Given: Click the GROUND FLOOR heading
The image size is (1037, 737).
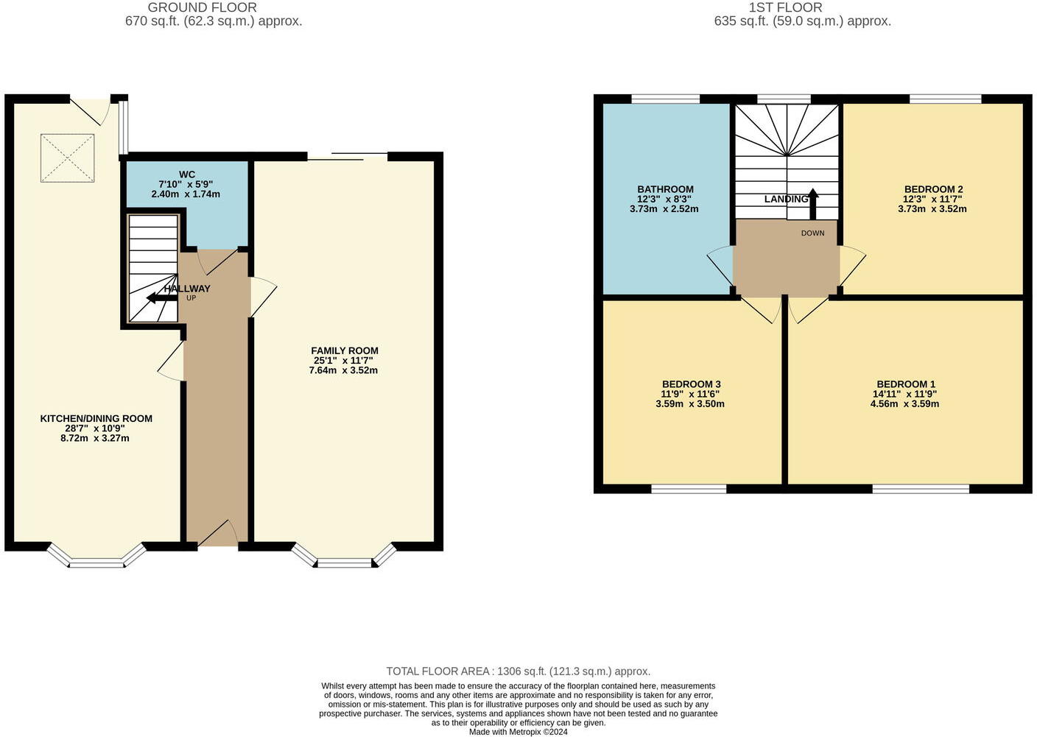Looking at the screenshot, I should tap(202, 7).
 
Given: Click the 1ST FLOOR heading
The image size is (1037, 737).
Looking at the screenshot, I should tap(785, 7).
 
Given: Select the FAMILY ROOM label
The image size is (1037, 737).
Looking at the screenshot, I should tap(344, 351).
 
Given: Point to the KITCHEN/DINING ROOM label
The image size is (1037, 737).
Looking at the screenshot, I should tap(96, 418).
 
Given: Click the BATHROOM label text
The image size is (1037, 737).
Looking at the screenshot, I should tap(665, 189).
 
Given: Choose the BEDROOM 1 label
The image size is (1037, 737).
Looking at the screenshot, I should tap(905, 384).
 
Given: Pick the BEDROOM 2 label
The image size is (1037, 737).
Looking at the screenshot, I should tap(932, 189).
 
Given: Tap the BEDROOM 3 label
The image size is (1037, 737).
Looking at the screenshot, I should tap(690, 384).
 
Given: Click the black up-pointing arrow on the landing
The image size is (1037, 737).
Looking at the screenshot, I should tap(813, 204).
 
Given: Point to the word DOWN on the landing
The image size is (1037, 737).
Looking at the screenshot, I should tap(812, 233).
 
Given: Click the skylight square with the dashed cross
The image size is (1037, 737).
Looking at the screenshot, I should tap(67, 158).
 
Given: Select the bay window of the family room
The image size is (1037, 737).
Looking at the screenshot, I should tap(344, 559).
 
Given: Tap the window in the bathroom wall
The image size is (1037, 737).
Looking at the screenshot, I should tap(665, 99).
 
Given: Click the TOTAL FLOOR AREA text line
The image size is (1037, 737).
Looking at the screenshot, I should tap(518, 671).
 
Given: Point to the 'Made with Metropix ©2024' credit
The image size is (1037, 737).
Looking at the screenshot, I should tap(518, 732).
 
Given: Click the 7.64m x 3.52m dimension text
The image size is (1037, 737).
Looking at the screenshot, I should tap(343, 370).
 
